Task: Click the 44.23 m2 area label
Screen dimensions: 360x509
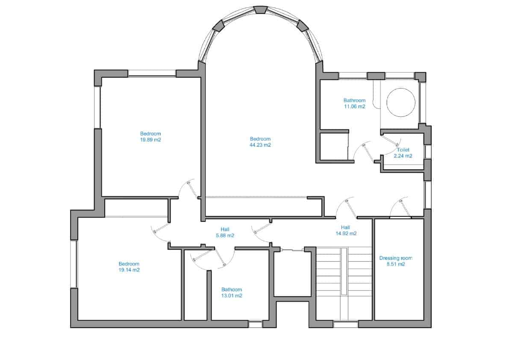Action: coord(260,145)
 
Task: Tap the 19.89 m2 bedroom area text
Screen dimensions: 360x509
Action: coord(150,139)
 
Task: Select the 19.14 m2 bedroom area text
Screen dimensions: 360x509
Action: coord(129,270)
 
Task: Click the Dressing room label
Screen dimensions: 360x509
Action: coord(396,258)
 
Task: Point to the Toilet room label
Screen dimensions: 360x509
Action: coord(403,150)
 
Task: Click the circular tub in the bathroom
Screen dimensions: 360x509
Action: coord(400,102)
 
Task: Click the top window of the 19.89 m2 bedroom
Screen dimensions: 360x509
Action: coord(152,74)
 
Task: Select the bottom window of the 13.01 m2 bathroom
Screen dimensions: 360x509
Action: coord(255,325)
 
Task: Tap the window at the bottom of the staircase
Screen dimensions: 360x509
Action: coord(345,325)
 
